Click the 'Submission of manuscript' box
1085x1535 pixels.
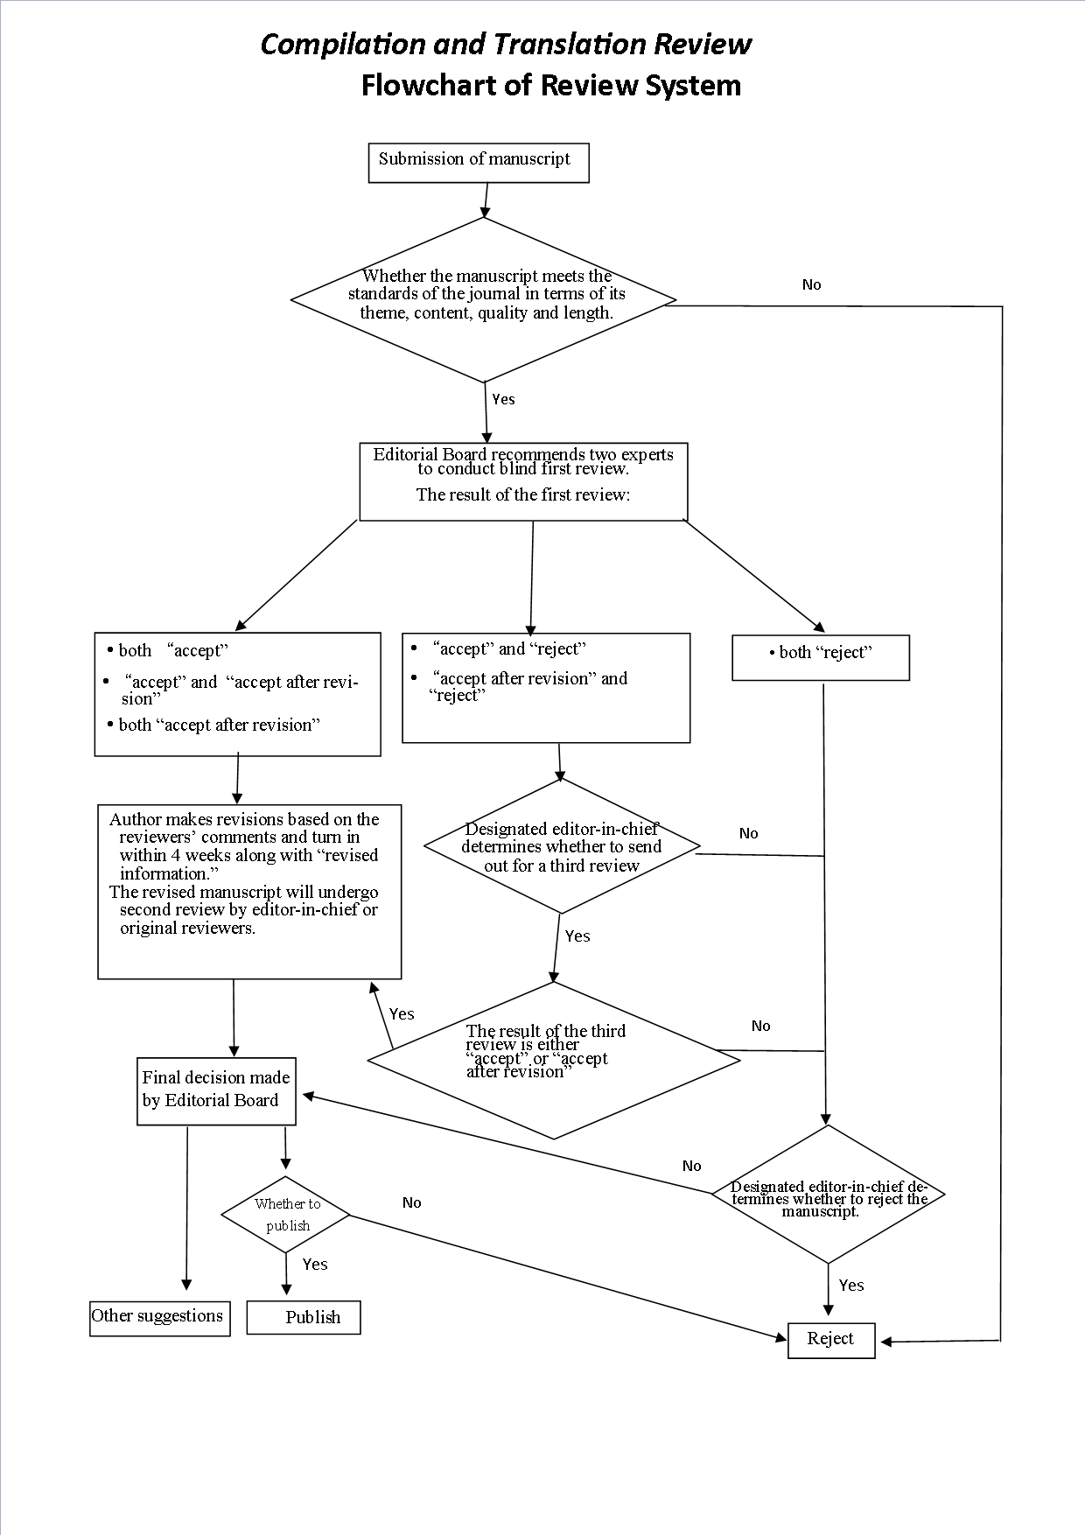pyautogui.click(x=478, y=163)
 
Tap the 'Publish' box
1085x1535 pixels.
pyautogui.click(x=304, y=1317)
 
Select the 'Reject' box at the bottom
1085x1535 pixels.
pyautogui.click(x=830, y=1339)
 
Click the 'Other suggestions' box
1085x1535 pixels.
pyautogui.click(x=159, y=1317)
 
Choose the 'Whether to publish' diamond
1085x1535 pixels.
pyautogui.click(x=286, y=1215)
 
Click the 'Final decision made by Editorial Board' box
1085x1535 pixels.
pyautogui.click(x=216, y=1090)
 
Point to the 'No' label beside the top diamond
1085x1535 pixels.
pyautogui.click(x=811, y=284)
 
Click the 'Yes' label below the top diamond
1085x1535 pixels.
pyautogui.click(x=503, y=399)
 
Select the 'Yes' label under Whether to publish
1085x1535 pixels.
pyautogui.click(x=314, y=1264)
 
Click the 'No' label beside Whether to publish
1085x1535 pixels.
pyautogui.click(x=411, y=1202)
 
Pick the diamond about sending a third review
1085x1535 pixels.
pyautogui.click(x=561, y=846)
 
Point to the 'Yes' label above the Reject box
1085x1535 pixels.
pyautogui.click(x=850, y=1285)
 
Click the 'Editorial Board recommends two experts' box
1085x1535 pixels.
pyautogui.click(x=522, y=480)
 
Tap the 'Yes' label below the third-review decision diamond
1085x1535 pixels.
pyautogui.click(x=577, y=936)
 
